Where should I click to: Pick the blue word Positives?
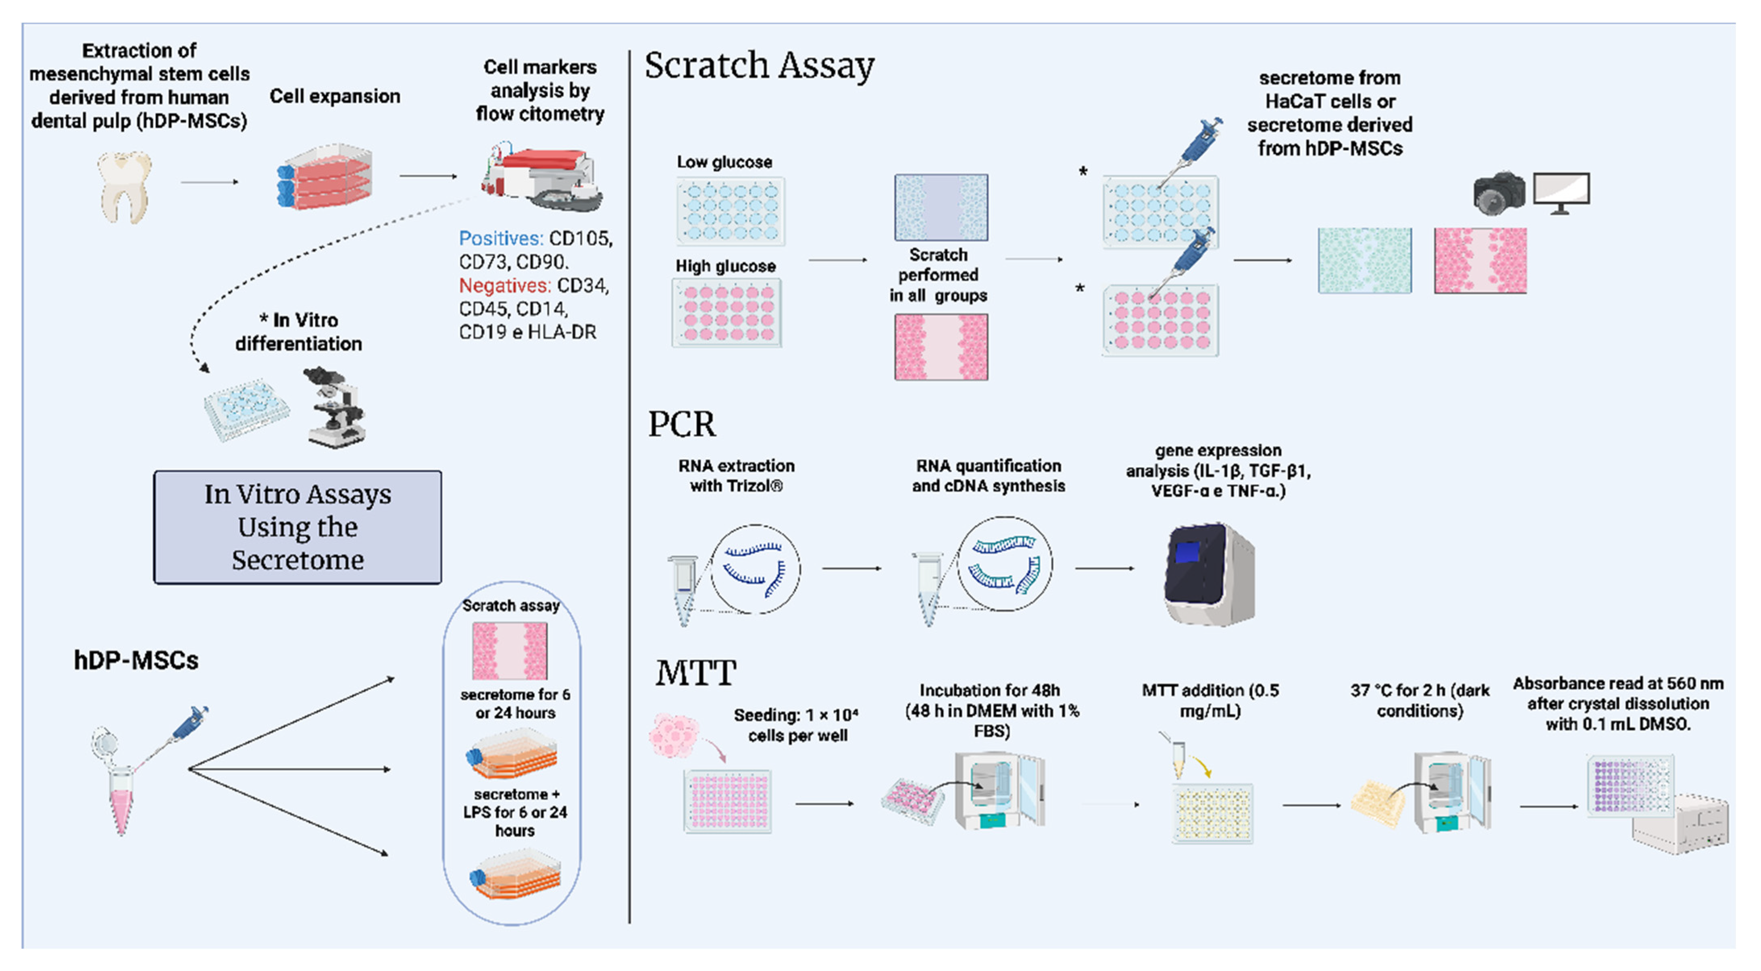coord(500,239)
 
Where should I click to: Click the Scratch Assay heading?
coord(759,66)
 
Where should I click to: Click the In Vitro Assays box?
coord(298,527)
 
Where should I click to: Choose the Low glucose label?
coord(724,162)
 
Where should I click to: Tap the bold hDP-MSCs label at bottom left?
coord(136,660)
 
